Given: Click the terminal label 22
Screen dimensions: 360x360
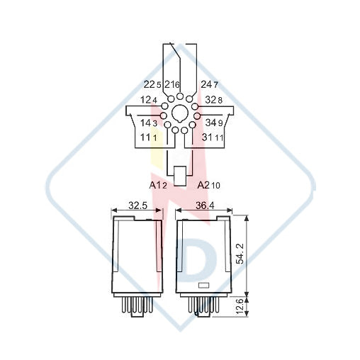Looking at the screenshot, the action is (150, 84).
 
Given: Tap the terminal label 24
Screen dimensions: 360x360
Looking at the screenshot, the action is (206, 84).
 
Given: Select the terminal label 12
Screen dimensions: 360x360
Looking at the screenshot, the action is (146, 100).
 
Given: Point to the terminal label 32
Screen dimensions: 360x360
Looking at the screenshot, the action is (210, 100).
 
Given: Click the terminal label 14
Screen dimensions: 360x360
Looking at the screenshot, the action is (145, 123).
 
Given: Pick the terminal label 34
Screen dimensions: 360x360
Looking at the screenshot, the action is (210, 123).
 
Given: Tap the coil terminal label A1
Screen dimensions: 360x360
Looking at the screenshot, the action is (155, 185).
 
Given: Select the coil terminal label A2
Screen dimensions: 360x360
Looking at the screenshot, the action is (203, 185).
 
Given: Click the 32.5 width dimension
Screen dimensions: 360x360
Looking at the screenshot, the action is (137, 206).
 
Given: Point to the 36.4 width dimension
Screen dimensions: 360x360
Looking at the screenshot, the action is (205, 206).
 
